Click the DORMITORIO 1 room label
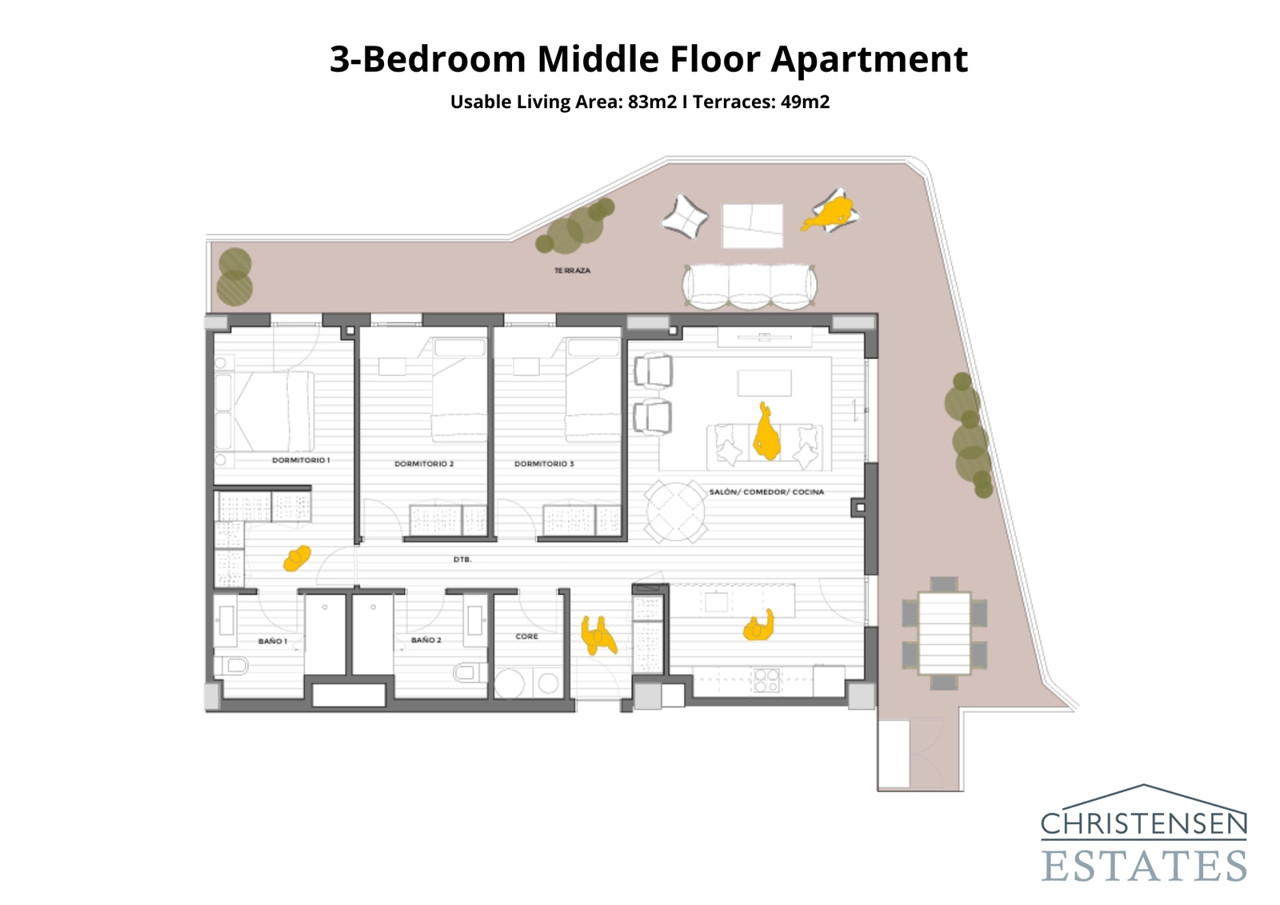coord(301,460)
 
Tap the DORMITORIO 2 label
coord(424,464)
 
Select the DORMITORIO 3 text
coord(544,464)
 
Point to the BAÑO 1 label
coord(272,642)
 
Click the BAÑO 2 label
coord(426,640)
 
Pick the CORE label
coord(526,637)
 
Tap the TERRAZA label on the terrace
coord(572,271)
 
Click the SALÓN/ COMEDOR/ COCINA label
coord(766,492)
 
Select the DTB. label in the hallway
coord(462,560)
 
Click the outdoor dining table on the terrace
coord(944,633)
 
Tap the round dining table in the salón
coord(676,511)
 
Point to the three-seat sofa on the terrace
coord(750,286)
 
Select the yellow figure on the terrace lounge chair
coord(832,214)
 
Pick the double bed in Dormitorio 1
coord(272,411)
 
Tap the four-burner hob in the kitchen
coord(766,680)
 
